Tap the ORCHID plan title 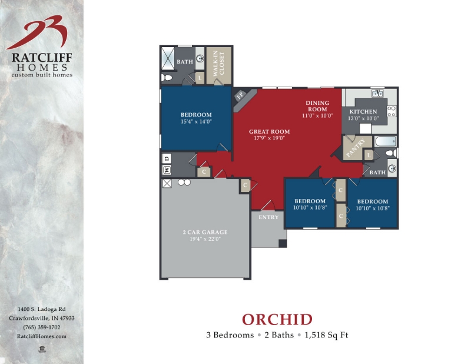click(277, 319)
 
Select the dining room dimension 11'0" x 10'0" click(318, 115)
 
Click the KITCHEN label click(363, 111)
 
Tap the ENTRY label click(268, 217)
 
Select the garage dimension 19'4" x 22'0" click(204, 239)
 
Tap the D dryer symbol click(167, 158)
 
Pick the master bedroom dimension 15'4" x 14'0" click(196, 121)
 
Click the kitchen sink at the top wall click(377, 94)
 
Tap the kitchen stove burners click(392, 111)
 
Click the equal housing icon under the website click(42, 349)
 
